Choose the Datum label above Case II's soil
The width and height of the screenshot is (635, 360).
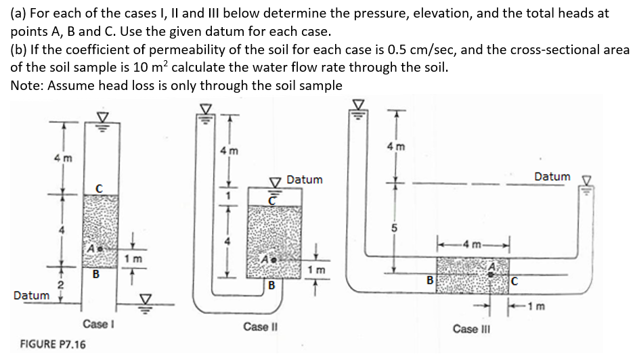click(x=305, y=180)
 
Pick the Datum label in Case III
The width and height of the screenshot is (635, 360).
click(x=552, y=177)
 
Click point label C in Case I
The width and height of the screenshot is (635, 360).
click(x=97, y=187)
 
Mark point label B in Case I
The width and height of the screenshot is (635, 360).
click(x=95, y=275)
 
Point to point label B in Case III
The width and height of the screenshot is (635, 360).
click(x=429, y=278)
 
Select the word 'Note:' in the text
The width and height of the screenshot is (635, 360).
click(x=29, y=85)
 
